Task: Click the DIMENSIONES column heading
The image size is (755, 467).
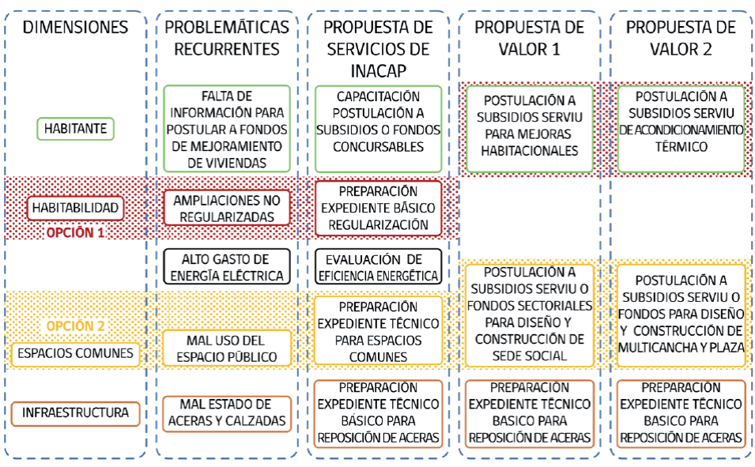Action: click(x=75, y=28)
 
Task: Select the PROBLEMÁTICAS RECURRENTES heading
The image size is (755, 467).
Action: click(x=227, y=38)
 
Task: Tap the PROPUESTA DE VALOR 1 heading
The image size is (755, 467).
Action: click(x=529, y=38)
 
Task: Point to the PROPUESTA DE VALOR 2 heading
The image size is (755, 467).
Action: click(x=681, y=38)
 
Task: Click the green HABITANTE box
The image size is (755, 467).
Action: click(x=76, y=128)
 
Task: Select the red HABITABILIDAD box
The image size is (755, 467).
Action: click(x=76, y=208)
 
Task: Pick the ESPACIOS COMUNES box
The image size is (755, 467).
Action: click(x=76, y=352)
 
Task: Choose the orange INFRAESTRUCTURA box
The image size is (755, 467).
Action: click(x=76, y=412)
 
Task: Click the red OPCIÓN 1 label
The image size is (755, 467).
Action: click(x=76, y=233)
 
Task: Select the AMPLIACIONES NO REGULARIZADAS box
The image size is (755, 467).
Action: click(x=227, y=208)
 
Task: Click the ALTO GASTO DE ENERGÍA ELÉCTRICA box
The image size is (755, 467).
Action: click(x=227, y=267)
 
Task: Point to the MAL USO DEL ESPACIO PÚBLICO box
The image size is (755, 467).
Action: click(x=227, y=348)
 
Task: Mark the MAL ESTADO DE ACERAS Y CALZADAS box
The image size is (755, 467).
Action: click(x=227, y=413)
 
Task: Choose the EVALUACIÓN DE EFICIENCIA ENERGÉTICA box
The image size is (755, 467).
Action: click(x=378, y=267)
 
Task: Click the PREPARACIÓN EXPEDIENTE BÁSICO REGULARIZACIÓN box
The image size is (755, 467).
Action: click(x=378, y=208)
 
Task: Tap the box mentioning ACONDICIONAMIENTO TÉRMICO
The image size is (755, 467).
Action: click(x=681, y=128)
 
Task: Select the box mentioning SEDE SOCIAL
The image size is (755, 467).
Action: click(x=529, y=314)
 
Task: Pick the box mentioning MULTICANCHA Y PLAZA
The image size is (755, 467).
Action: click(x=681, y=314)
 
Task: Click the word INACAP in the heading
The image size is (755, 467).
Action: click(x=376, y=70)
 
